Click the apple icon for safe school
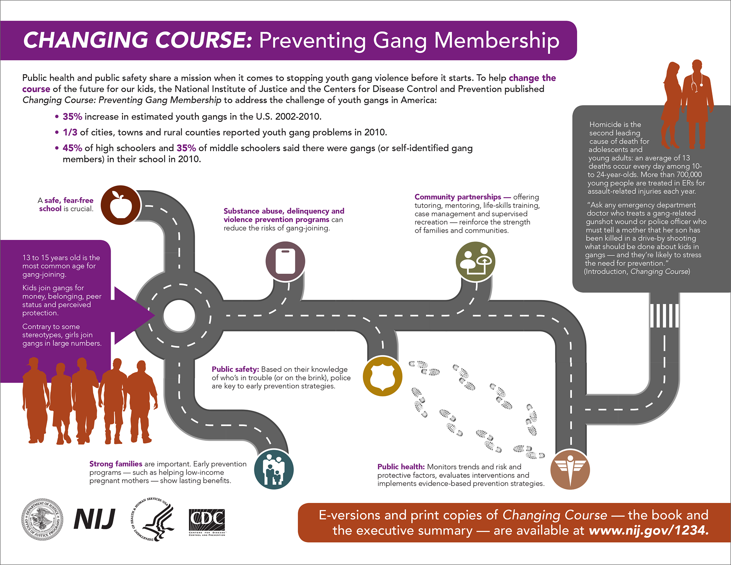click(121, 205)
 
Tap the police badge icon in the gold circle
click(382, 376)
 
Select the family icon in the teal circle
click(274, 469)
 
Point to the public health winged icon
click(570, 470)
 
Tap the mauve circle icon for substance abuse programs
click(285, 262)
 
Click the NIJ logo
click(94, 519)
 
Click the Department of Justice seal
click(42, 519)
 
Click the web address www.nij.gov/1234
click(648, 530)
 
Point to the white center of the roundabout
click(179, 316)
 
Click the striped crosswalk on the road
click(664, 316)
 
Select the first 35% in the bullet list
click(72, 117)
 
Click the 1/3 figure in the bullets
click(70, 132)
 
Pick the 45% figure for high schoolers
click(72, 148)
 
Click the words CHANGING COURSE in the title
click(137, 40)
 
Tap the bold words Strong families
click(116, 464)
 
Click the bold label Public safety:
click(235, 369)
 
